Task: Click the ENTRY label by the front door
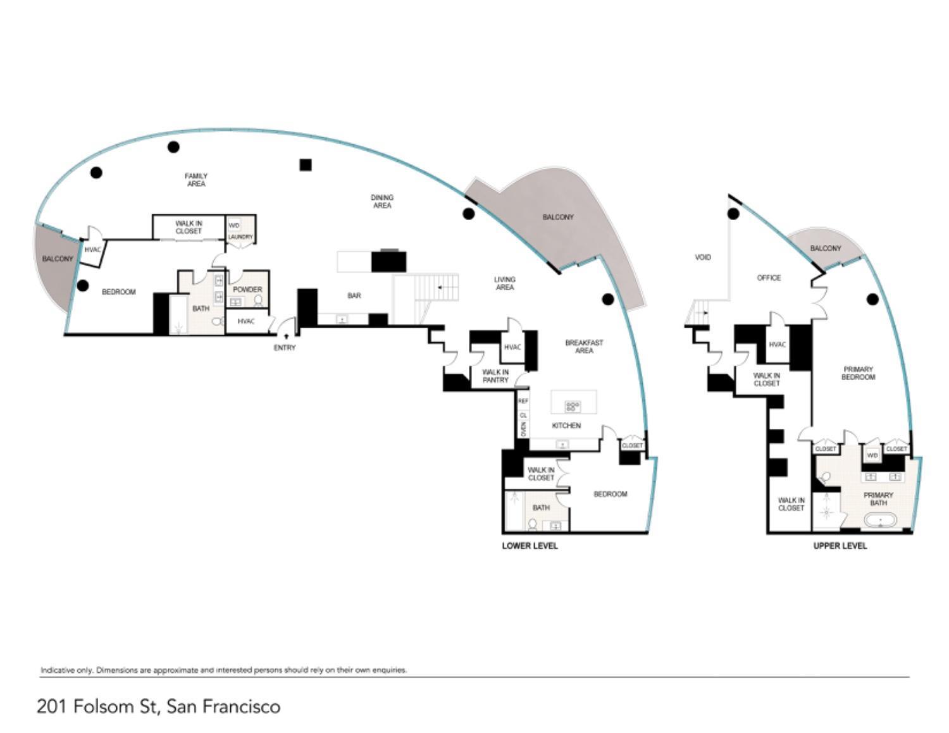[284, 348]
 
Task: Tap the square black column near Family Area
[306, 164]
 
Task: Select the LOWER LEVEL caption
[530, 546]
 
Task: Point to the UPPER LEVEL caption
[840, 546]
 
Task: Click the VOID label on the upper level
[703, 257]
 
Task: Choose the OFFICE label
[769, 278]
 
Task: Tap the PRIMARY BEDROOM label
[858, 373]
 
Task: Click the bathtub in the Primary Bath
[880, 521]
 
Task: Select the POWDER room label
[247, 290]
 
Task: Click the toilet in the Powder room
[259, 301]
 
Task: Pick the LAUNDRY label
[240, 237]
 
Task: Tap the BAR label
[354, 295]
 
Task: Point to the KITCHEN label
[566, 426]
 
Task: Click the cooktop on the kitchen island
[573, 407]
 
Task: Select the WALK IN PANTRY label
[495, 376]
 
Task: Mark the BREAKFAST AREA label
[584, 347]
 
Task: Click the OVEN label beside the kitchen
[523, 429]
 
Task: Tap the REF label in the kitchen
[523, 401]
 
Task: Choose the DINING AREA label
[382, 201]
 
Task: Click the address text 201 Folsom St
[97, 706]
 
